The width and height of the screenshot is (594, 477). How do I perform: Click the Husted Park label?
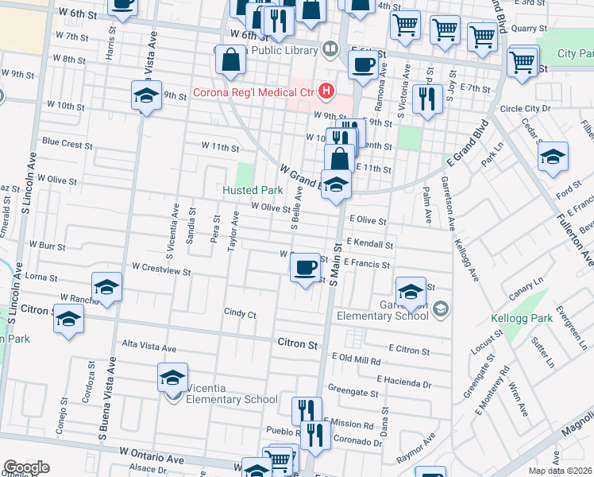[x=253, y=191]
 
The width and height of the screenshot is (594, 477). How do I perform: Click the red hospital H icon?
[x=326, y=92]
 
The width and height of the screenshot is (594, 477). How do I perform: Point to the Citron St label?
[x=297, y=344]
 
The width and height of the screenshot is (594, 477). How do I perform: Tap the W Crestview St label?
[x=161, y=271]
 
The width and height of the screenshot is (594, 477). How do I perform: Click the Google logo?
[x=26, y=467]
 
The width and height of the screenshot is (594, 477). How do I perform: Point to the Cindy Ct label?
[x=240, y=314]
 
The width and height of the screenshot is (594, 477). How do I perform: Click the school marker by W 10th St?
[x=146, y=96]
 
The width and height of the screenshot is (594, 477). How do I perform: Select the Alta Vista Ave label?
[x=148, y=348]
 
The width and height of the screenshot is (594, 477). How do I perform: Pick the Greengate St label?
[x=353, y=392]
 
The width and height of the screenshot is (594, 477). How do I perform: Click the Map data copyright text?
[x=559, y=471]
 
